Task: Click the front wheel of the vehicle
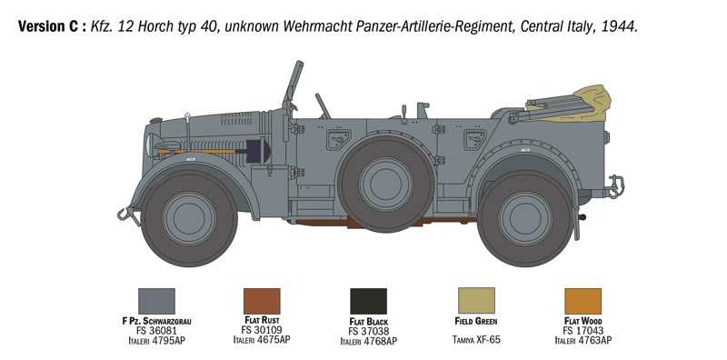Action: tap(189, 218)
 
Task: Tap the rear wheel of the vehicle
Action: tap(525, 218)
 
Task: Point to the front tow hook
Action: tap(124, 215)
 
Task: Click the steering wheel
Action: tap(323, 105)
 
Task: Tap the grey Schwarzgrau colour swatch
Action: tap(156, 301)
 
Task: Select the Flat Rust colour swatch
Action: tap(262, 301)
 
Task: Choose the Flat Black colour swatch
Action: tap(368, 301)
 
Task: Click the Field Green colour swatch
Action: tap(476, 301)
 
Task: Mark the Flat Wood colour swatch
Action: tap(583, 301)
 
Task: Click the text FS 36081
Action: tap(156, 331)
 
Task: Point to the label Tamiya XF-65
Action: tap(476, 340)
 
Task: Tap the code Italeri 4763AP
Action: tap(583, 340)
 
